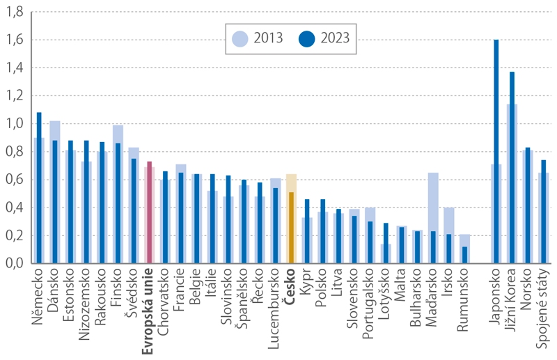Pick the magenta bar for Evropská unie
coord(149,212)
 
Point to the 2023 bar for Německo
coord(39,188)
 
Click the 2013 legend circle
coord(240,38)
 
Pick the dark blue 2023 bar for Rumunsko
coord(464,255)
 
